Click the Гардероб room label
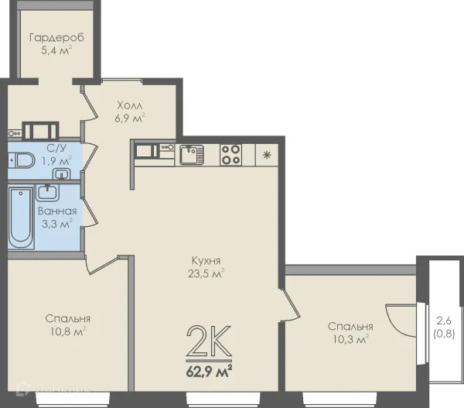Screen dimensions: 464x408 coord(56,38)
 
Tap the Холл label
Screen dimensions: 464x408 coord(130,105)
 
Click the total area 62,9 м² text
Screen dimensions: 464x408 coord(209,372)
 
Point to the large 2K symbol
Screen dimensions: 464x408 coord(209,341)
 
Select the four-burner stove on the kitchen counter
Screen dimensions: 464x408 coord(230,155)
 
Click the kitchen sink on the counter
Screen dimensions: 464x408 coord(192,155)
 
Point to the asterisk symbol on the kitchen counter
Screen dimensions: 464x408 coord(267,155)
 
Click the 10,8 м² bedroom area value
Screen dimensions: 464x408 coord(68,331)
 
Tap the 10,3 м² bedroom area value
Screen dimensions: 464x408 coord(350,339)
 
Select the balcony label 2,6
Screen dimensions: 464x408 coord(444,321)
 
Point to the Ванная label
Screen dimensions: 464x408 coord(57,211)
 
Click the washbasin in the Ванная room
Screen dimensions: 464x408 coord(47,192)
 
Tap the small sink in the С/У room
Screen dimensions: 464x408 coord(61,173)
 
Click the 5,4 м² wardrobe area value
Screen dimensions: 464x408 coord(56,50)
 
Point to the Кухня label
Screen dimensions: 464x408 coord(206,261)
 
